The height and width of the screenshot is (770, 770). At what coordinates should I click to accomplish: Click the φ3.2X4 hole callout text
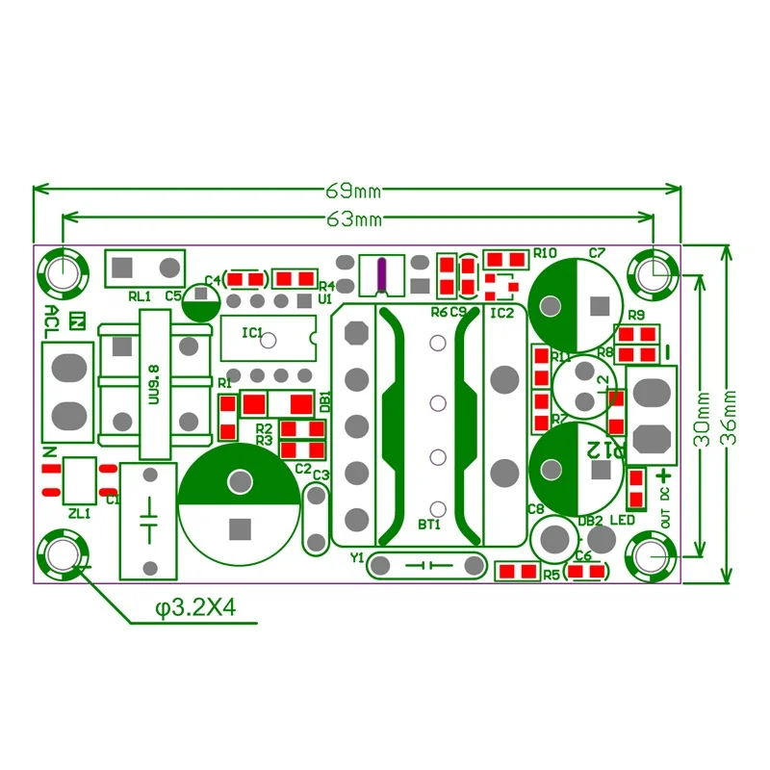tap(195, 608)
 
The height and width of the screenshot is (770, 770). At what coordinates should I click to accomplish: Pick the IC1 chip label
tap(252, 333)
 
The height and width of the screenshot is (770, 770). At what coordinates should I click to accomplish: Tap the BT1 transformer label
tap(429, 525)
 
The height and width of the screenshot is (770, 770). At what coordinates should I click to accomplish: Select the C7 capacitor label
tap(597, 253)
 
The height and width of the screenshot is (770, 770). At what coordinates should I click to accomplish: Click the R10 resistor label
tap(546, 253)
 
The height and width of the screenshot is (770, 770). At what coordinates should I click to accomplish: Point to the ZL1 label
tap(79, 514)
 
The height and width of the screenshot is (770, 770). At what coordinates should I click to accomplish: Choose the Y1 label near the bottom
tap(357, 556)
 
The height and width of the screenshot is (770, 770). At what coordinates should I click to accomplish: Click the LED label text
tap(622, 520)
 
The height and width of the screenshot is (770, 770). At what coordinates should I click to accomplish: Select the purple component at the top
tap(382, 275)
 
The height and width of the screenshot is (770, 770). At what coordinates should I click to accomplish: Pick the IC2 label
tap(501, 313)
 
